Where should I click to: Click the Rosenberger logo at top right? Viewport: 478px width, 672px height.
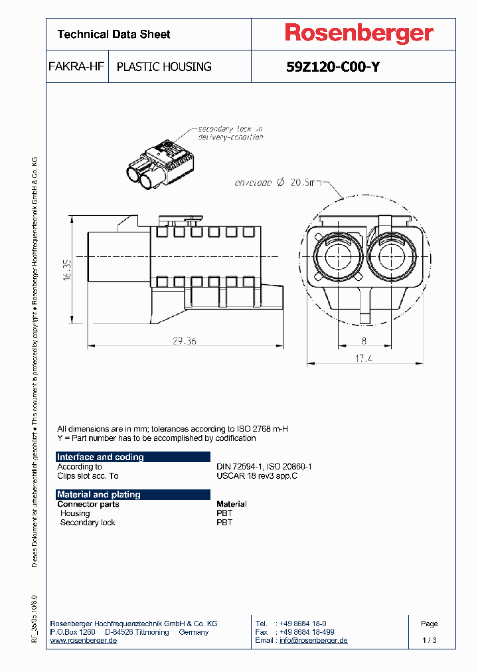click(x=359, y=33)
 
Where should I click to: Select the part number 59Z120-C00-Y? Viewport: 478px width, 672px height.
click(x=333, y=66)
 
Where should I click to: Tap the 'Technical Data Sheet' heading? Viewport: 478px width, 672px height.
click(x=114, y=34)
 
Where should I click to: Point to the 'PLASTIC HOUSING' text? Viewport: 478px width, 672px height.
click(x=164, y=66)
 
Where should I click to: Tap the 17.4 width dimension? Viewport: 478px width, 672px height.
click(x=363, y=358)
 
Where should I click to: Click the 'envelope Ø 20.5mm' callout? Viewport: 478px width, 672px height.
click(x=278, y=183)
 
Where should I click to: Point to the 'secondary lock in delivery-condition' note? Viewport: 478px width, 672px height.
click(x=230, y=133)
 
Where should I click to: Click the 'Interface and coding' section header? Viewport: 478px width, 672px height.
click(x=100, y=457)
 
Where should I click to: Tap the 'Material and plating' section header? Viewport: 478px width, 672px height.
click(x=99, y=494)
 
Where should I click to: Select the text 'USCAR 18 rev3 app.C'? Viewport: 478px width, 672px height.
click(x=257, y=475)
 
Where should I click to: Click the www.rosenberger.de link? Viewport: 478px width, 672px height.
click(x=84, y=640)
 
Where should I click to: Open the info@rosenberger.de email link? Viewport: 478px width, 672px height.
click(x=313, y=640)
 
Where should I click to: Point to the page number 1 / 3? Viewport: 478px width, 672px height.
click(x=430, y=640)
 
